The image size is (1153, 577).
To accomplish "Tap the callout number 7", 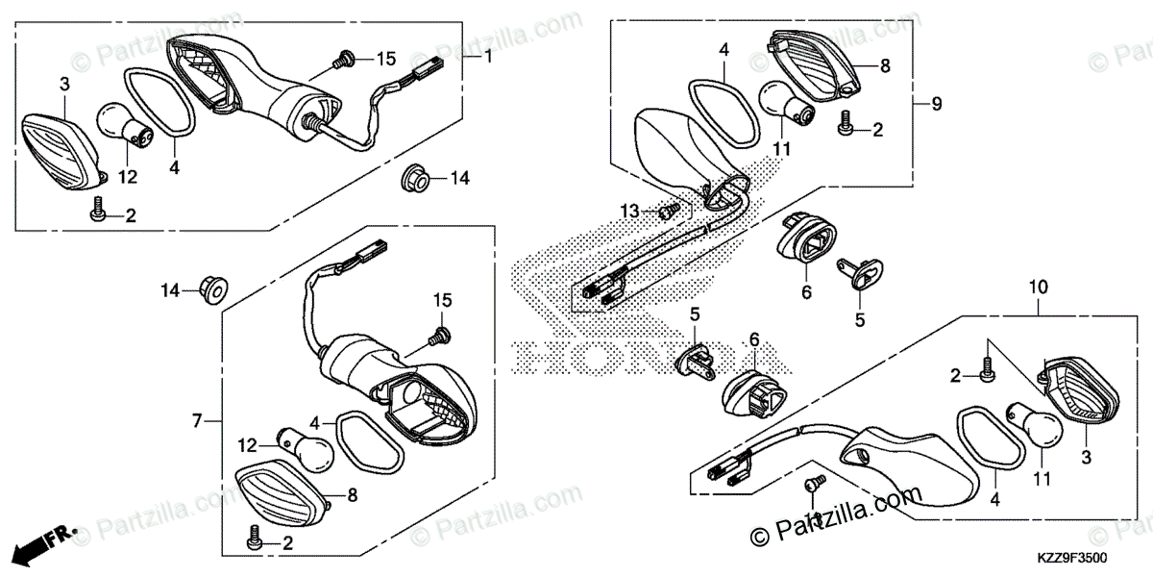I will pyautogui.click(x=197, y=421).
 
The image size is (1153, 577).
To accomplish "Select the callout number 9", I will pyautogui.click(x=936, y=103).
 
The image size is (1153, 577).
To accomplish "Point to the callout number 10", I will pyautogui.click(x=1039, y=287).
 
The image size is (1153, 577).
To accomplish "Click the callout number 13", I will pyautogui.click(x=629, y=210).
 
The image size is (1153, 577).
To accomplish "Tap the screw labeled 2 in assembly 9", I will pyautogui.click(x=846, y=126).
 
